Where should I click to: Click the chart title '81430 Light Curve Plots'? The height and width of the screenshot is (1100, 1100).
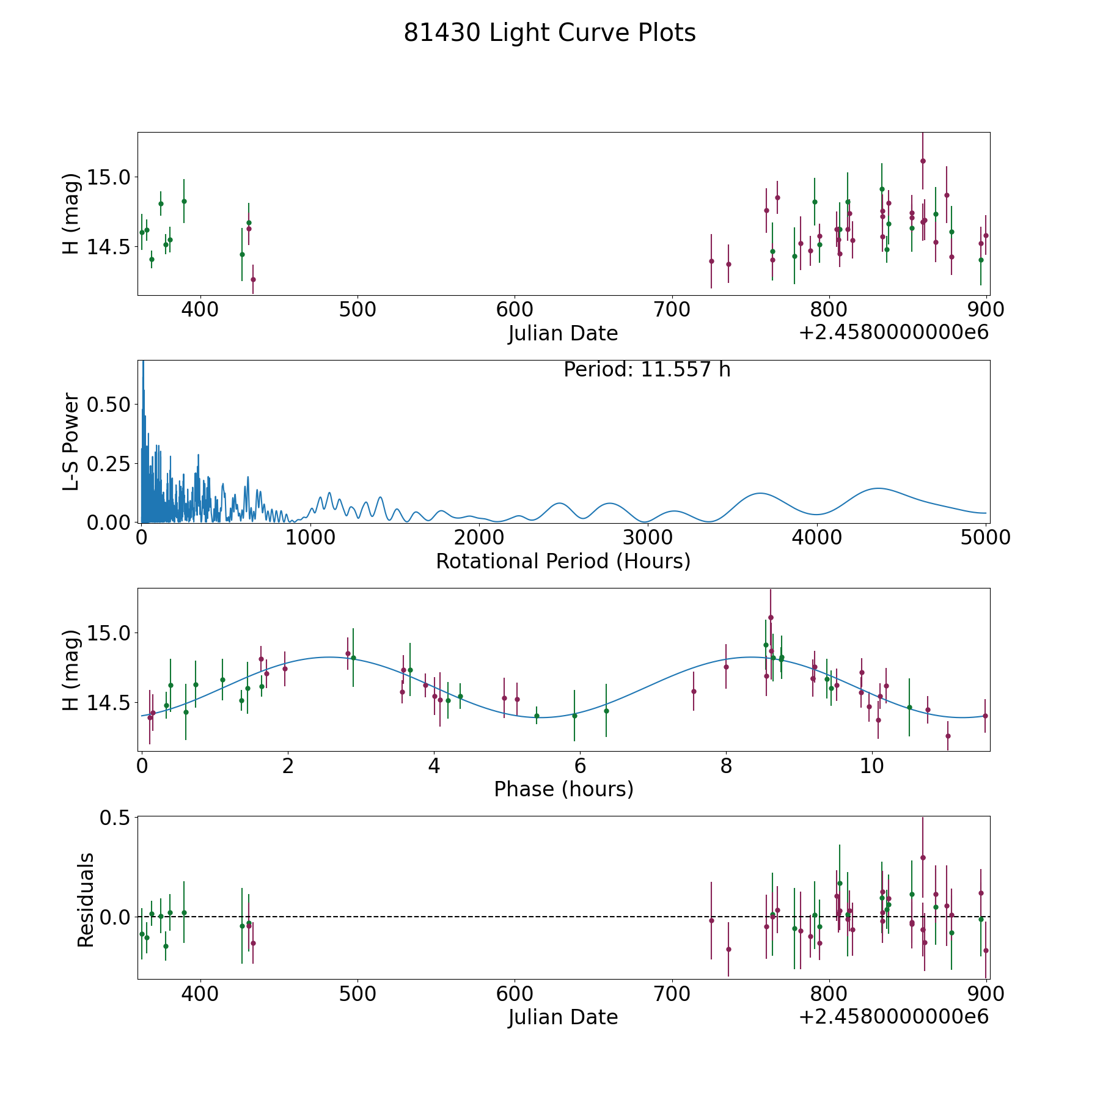[549, 33]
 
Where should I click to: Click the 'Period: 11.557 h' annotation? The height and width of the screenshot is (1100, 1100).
[647, 370]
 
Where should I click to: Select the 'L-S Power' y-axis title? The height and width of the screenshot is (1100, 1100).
[71, 441]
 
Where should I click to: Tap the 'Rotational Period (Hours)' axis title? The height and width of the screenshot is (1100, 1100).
[563, 561]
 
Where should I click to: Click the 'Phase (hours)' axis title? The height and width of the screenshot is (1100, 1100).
[563, 789]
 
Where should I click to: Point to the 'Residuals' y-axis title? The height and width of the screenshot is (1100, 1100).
[86, 900]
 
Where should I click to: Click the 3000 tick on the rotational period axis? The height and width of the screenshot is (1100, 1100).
[647, 538]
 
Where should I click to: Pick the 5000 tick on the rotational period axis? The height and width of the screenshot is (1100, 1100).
[985, 538]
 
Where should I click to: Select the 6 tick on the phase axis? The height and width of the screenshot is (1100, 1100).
[580, 766]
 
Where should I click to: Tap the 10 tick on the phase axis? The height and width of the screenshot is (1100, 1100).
[872, 766]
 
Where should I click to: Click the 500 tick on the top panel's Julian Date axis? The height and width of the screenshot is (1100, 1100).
[358, 310]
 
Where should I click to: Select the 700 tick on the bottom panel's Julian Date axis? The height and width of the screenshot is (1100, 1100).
[672, 994]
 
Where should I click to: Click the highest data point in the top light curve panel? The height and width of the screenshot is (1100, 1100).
[923, 161]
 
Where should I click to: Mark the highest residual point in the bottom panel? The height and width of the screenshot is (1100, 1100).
[923, 857]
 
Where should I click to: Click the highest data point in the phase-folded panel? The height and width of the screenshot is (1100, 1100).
[771, 617]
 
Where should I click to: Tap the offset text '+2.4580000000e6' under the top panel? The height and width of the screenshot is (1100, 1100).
[893, 332]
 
